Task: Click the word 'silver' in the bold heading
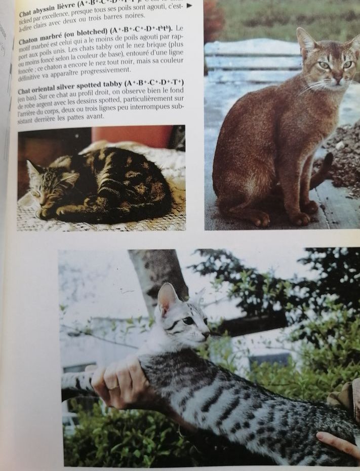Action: click(77, 86)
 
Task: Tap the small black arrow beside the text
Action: click(189, 6)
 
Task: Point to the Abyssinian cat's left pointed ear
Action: click(305, 38)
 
